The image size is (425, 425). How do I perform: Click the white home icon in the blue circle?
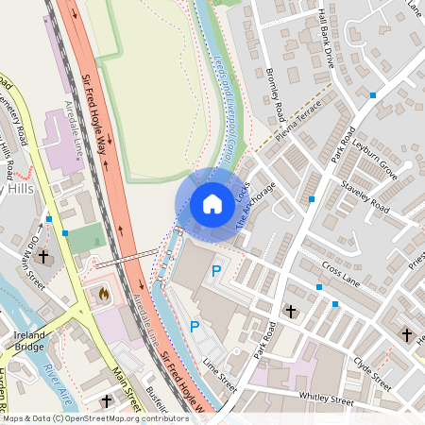click(212, 204)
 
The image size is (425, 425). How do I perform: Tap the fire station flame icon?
click(103, 295)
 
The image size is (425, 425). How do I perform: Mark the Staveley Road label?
click(365, 195)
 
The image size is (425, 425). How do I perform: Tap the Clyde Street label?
click(371, 371)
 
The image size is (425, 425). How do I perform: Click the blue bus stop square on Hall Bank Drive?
click(373, 95)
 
